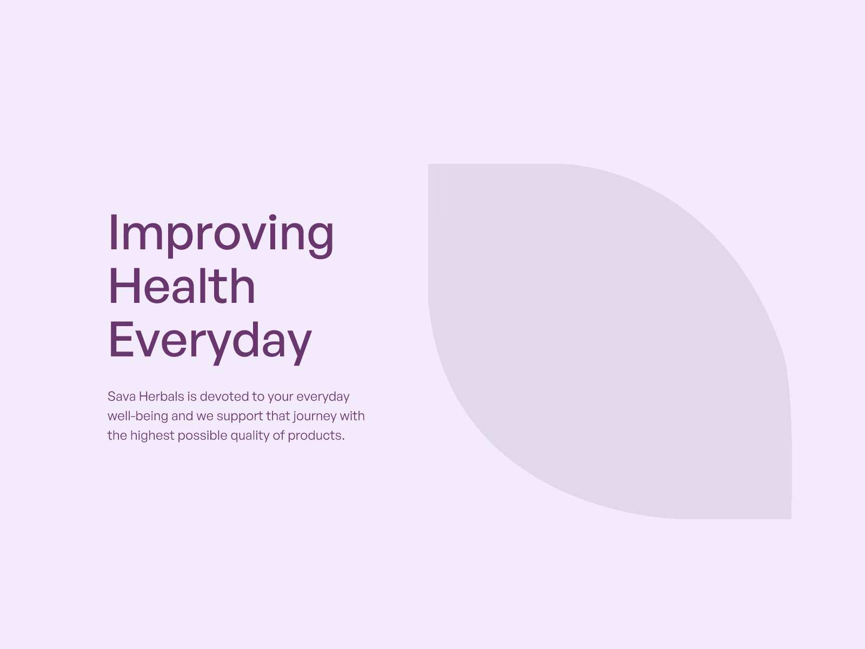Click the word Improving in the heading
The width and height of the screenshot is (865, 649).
coord(221,235)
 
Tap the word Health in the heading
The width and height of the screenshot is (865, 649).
coord(182,286)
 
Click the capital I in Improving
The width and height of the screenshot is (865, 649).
coord(114,231)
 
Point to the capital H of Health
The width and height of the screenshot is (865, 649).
coord(124,286)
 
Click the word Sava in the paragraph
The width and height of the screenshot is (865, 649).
coord(122,396)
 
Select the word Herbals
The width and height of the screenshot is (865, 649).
coord(162,396)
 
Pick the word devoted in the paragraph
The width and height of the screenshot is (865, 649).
coord(224,396)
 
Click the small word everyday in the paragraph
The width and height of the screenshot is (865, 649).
coord(323,397)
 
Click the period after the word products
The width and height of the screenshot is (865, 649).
coord(343,439)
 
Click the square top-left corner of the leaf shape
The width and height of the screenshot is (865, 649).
coord(428,164)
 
